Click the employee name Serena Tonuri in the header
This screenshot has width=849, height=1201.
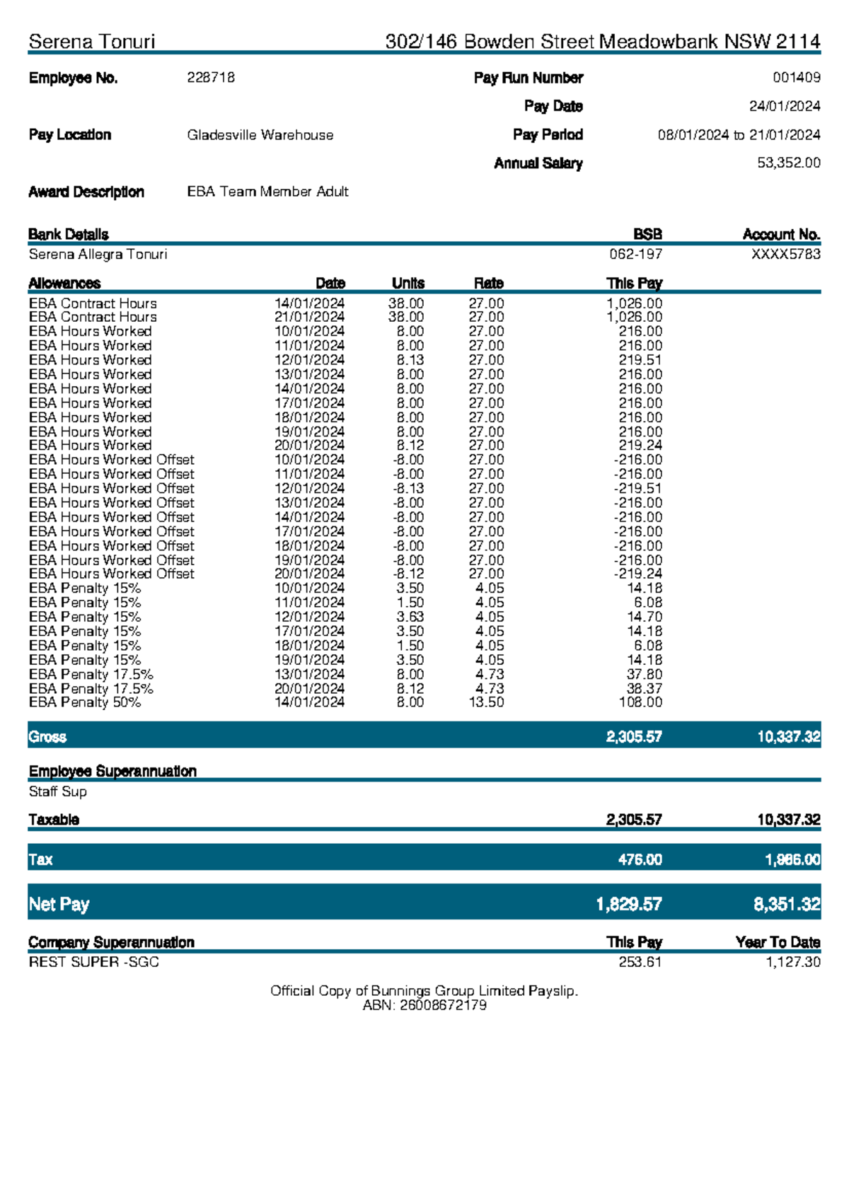92,42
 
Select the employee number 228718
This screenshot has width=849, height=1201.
211,78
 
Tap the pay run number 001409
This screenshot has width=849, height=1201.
796,78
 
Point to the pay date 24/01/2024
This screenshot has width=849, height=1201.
785,106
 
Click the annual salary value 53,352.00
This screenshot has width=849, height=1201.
788,163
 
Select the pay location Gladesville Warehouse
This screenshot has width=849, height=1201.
260,135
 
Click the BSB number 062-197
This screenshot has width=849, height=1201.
635,254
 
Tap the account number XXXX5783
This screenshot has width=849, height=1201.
785,254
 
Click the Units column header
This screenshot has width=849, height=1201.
408,283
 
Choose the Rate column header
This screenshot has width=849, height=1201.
488,283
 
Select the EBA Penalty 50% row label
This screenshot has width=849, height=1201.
85,702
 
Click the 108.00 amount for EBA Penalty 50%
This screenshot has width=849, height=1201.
640,702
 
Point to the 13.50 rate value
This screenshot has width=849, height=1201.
486,702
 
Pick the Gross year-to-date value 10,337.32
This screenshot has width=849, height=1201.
788,737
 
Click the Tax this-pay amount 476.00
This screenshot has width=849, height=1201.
640,859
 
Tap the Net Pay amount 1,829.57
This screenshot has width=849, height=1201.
628,904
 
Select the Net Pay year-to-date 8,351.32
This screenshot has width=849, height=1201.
787,904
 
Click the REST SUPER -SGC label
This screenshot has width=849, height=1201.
93,962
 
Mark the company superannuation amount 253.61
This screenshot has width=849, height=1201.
640,962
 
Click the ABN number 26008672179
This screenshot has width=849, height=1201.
443,1005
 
